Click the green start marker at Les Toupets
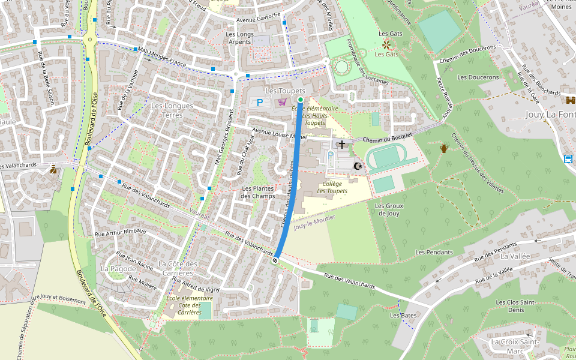click(301, 100)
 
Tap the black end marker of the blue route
click(275, 260)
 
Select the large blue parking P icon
click(260, 103)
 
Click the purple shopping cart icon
click(281, 102)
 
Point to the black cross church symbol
click(342, 145)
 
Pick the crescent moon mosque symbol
click(359, 166)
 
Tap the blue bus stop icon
click(568, 159)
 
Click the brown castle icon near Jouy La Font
click(569, 100)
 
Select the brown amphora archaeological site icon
click(443, 148)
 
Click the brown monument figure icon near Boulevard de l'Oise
click(53, 170)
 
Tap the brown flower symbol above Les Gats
click(386, 44)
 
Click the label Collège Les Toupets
click(332, 187)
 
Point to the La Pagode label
click(118, 268)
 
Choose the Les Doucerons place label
click(478, 77)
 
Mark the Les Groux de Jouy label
click(389, 209)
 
